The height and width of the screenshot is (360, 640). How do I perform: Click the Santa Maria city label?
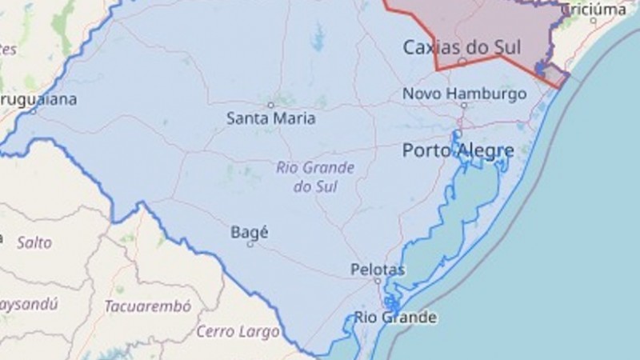pos(270,118)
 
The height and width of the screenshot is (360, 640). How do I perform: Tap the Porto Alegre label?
pos(458,150)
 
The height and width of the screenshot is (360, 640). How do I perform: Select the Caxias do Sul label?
pos(462,48)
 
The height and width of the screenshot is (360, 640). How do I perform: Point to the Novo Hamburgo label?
pos(464,94)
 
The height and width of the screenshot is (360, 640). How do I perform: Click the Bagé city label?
pos(249,232)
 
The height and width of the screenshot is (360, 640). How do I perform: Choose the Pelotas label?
pos(378,270)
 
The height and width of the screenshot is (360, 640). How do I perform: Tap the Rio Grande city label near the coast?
pos(396,318)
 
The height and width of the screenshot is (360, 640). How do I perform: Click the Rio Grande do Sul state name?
pos(314,177)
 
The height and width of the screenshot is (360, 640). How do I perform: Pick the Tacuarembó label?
pos(147,306)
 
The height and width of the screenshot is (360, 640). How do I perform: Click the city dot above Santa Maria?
pos(270,105)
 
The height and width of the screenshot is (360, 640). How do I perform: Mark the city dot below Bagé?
pos(250,244)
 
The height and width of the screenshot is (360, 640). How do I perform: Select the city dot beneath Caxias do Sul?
pos(462,61)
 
